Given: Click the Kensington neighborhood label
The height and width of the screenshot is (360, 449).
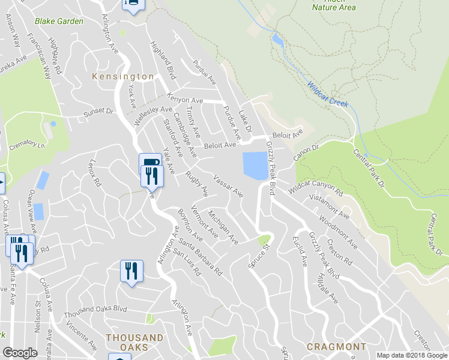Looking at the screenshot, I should pos(123,77).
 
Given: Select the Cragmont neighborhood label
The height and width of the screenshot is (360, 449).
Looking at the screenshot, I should pos(336,347).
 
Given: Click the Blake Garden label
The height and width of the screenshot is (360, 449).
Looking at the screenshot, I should pos(59,21).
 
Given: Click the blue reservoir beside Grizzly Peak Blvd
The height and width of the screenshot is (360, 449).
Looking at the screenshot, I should pos(255,165).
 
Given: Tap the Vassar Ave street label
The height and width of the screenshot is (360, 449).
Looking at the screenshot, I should pos(228,186).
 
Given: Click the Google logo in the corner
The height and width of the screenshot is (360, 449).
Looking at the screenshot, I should pos(20,353).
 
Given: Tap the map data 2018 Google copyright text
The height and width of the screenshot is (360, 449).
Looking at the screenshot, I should pos(411,355).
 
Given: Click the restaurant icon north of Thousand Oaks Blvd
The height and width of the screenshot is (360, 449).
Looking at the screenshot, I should pos(130,271).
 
